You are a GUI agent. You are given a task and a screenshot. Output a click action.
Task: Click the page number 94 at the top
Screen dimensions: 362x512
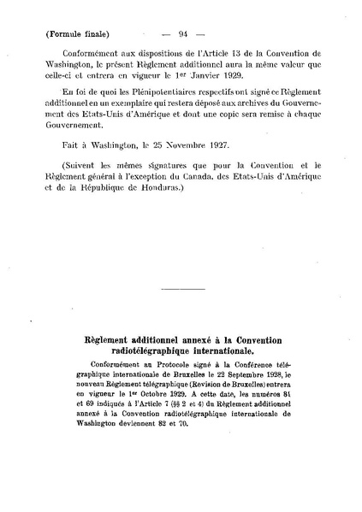click(181, 34)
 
